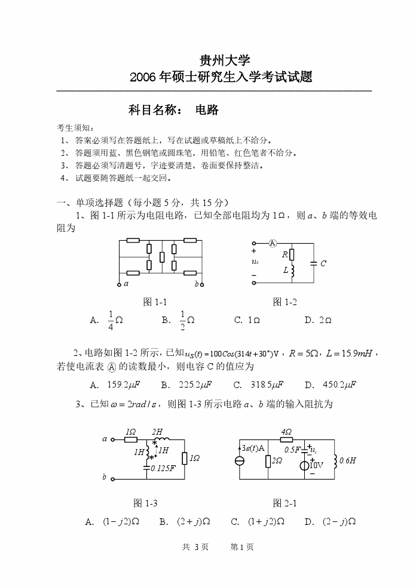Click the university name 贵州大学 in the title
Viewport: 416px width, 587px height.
click(220, 60)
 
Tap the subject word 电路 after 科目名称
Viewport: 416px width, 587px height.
click(207, 110)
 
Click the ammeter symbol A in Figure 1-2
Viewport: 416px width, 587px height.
click(272, 243)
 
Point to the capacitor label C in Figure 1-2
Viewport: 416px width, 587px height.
click(323, 263)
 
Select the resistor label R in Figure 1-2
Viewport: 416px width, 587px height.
click(285, 255)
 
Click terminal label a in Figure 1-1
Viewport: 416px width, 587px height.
click(126, 284)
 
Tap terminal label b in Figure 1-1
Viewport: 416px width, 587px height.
click(197, 284)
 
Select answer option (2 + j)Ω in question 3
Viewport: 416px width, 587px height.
click(193, 521)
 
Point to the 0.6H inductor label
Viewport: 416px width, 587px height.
click(347, 460)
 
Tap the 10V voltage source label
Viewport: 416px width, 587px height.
click(316, 465)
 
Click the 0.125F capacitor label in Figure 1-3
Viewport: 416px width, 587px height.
click(163, 468)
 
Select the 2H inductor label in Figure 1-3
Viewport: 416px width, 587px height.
click(157, 432)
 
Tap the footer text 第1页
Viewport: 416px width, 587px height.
click(242, 546)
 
